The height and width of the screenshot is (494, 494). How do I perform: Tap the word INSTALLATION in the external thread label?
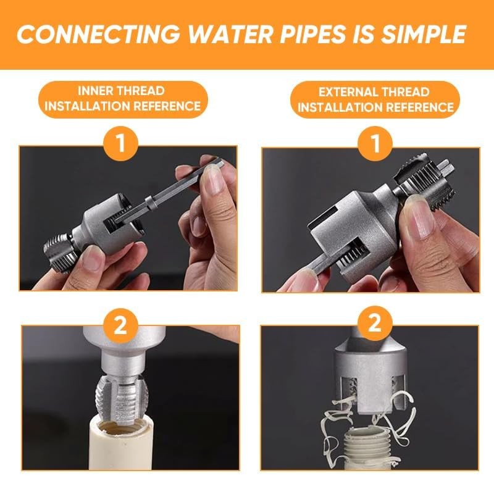(338, 107)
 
